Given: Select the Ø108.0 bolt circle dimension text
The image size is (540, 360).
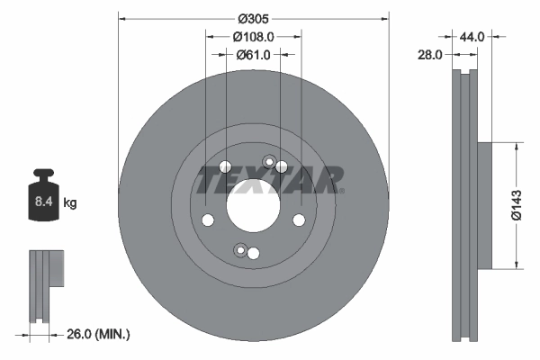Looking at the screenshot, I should [253, 37].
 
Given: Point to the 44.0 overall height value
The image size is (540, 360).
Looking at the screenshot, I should [472, 37].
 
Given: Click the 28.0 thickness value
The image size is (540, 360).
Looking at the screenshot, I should [430, 55].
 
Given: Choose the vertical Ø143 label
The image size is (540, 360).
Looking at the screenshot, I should [517, 205].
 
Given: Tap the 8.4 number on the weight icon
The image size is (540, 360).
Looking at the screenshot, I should [42, 203].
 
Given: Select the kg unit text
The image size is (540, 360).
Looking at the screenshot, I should [69, 203].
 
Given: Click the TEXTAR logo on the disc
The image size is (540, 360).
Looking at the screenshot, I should [269, 180].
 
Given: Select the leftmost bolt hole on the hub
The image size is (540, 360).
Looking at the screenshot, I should [208, 220].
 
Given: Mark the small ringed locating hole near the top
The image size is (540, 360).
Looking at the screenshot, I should [267, 162].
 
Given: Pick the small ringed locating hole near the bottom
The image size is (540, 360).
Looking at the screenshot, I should [239, 249].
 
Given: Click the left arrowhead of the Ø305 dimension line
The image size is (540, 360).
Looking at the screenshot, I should [122, 17].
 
